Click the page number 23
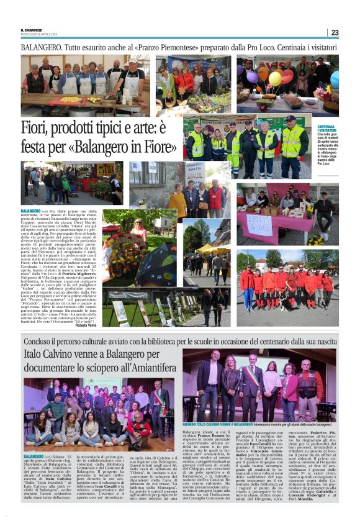click(335, 32)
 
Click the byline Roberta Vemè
click(87, 325)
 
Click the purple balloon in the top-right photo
click(253, 78)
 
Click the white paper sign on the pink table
click(259, 224)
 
